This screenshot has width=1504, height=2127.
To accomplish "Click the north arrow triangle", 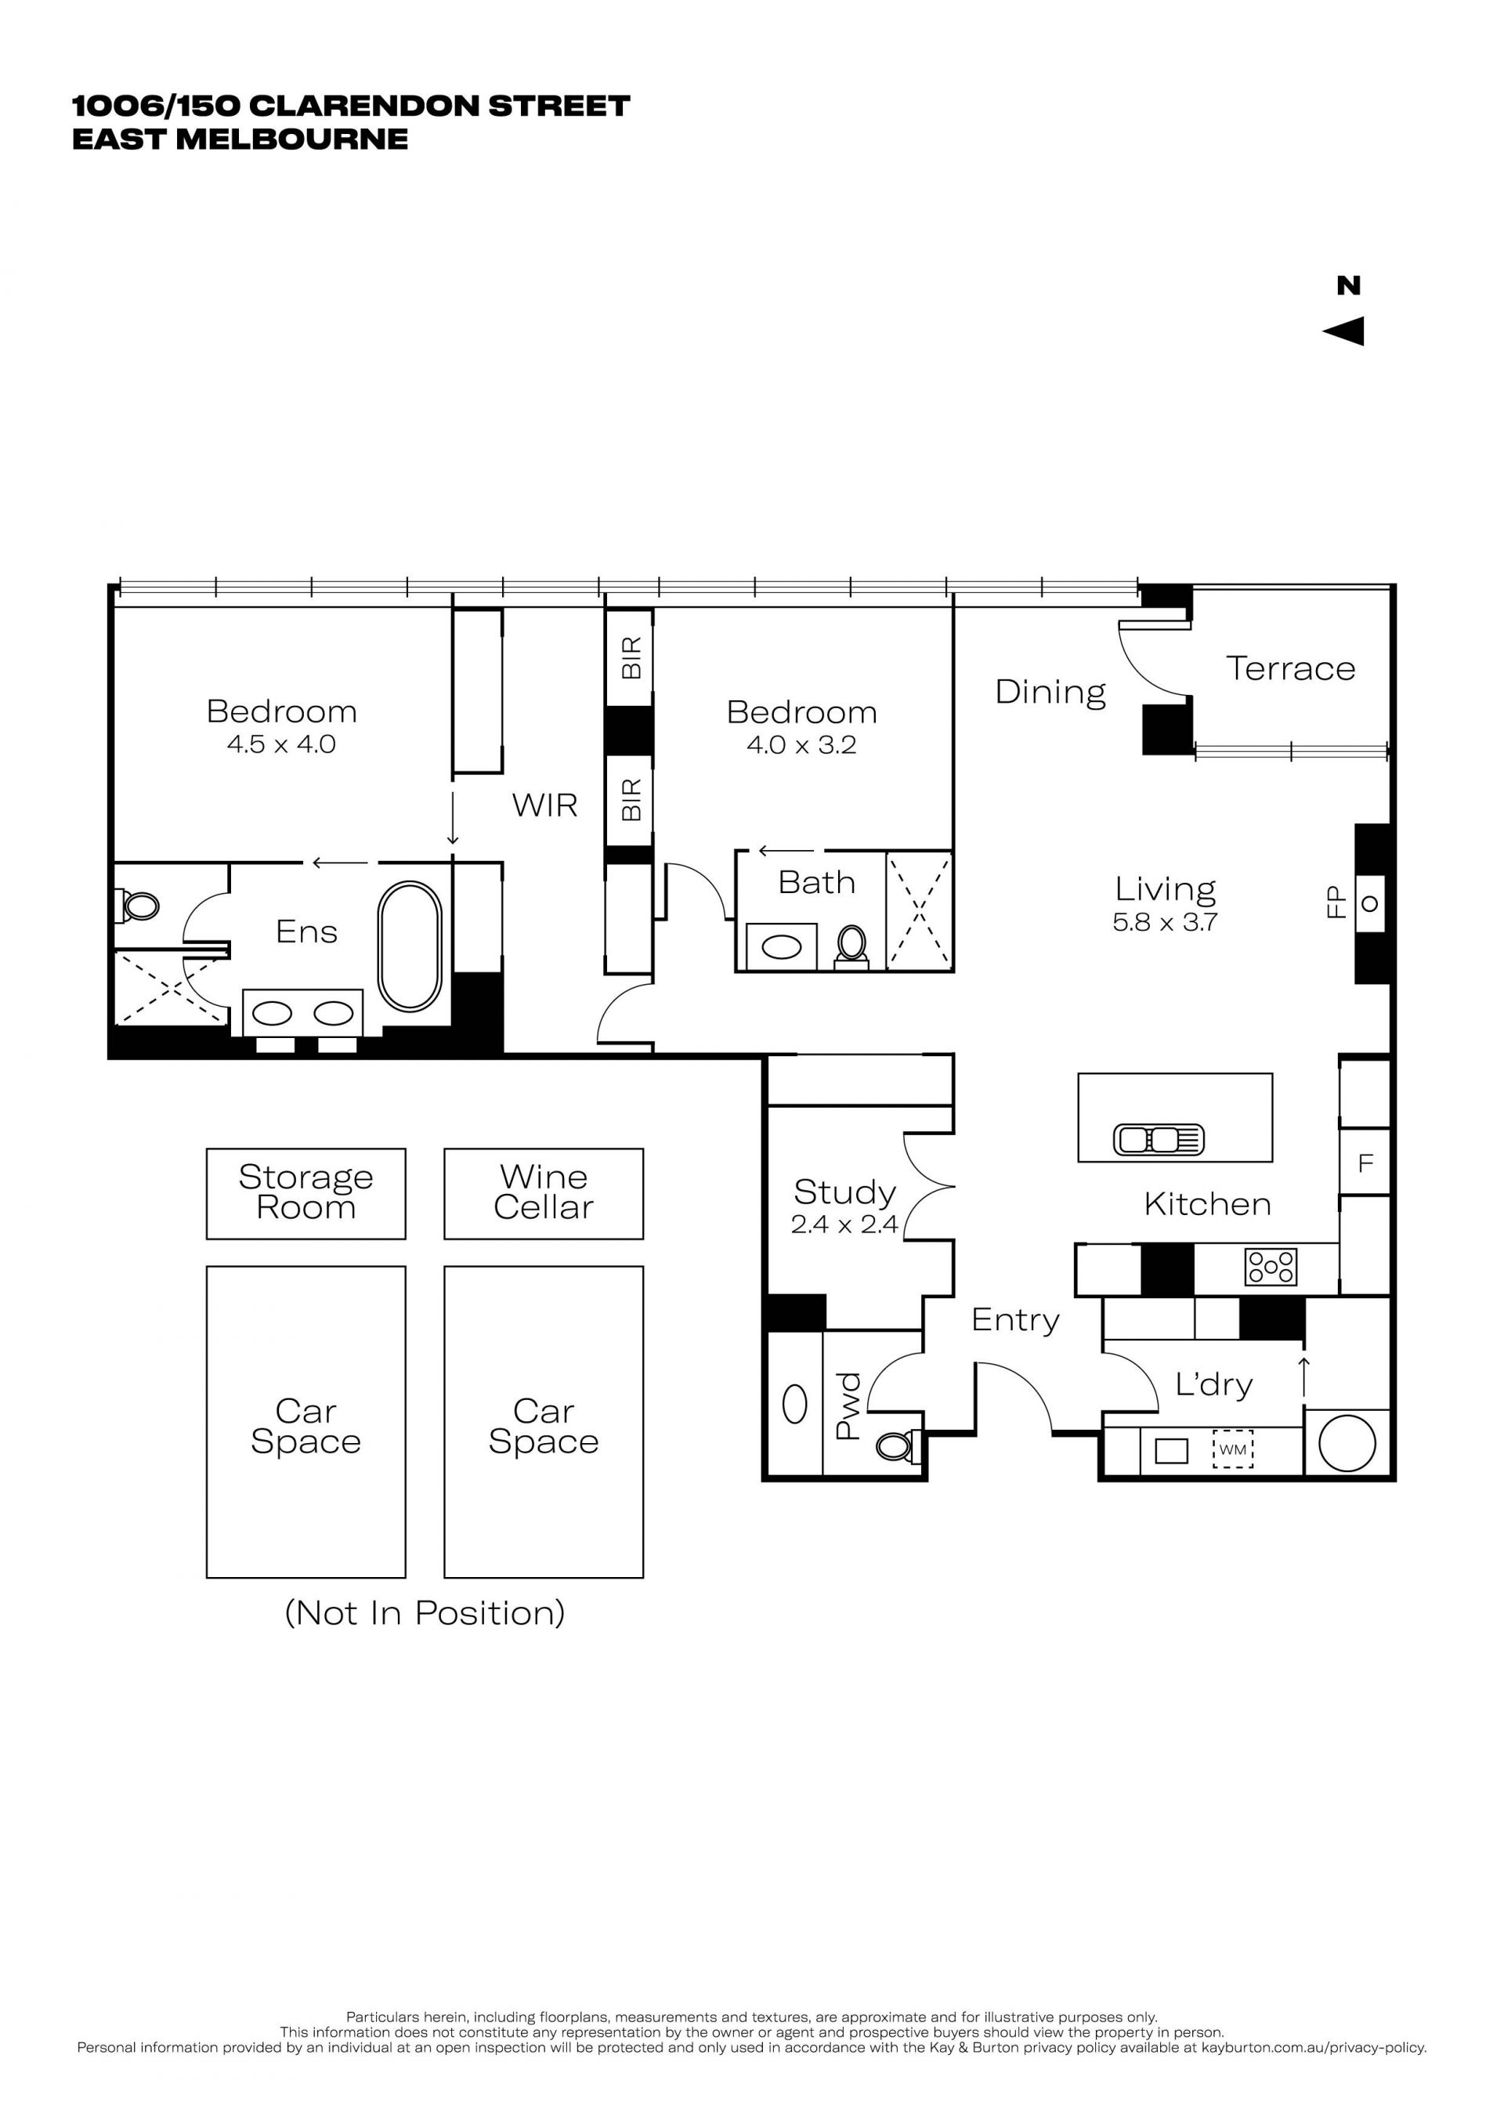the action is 1345,331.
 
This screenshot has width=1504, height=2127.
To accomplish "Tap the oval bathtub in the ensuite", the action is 410,946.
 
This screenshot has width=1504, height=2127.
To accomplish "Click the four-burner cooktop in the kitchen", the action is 1271,1266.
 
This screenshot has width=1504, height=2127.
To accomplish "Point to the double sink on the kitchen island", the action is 1159,1138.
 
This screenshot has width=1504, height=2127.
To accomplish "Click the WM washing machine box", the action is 1233,1449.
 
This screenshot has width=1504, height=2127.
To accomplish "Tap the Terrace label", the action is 1290,668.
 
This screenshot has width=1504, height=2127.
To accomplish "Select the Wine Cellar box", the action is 544,1193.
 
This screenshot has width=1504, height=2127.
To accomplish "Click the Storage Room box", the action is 305,1193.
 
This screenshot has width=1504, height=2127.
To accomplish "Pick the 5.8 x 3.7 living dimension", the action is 1165,922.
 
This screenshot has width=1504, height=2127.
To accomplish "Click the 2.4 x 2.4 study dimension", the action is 844,1224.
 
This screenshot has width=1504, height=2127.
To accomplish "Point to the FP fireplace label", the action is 1336,902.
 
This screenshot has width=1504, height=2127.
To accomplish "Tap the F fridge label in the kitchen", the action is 1365,1163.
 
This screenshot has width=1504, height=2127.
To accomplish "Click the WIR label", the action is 544,805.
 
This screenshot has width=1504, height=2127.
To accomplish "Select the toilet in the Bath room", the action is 851,946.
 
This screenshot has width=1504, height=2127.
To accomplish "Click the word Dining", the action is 1050,692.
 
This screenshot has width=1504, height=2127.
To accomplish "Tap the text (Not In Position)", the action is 424,1613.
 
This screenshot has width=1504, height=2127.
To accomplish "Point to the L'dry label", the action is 1213,1384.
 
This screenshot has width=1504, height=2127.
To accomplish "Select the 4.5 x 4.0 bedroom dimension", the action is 281,744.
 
